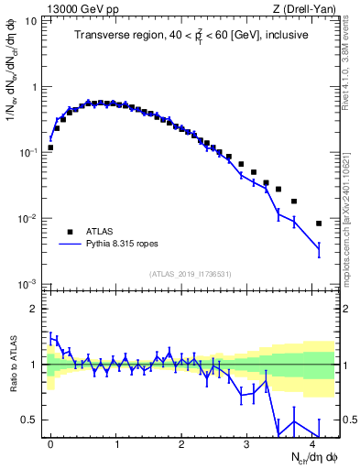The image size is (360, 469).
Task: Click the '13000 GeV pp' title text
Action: pyautogui.click(x=78, y=8)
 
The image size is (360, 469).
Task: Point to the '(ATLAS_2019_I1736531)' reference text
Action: pyautogui.click(x=191, y=273)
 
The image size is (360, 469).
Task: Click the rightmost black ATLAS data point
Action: pyautogui.click(x=319, y=224)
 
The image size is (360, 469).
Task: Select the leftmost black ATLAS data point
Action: pyautogui.click(x=50, y=147)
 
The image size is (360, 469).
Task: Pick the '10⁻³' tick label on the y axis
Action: pyautogui.click(x=28, y=284)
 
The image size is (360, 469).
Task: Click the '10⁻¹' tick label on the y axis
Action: pyautogui.click(x=28, y=152)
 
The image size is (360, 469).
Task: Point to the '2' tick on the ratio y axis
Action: pyautogui.click(x=35, y=309)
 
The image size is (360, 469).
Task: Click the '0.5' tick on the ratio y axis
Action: pyautogui.click(x=31, y=420)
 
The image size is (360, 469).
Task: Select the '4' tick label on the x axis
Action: pyautogui.click(x=312, y=442)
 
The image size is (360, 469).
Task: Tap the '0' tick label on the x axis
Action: pyautogui.click(x=50, y=442)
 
